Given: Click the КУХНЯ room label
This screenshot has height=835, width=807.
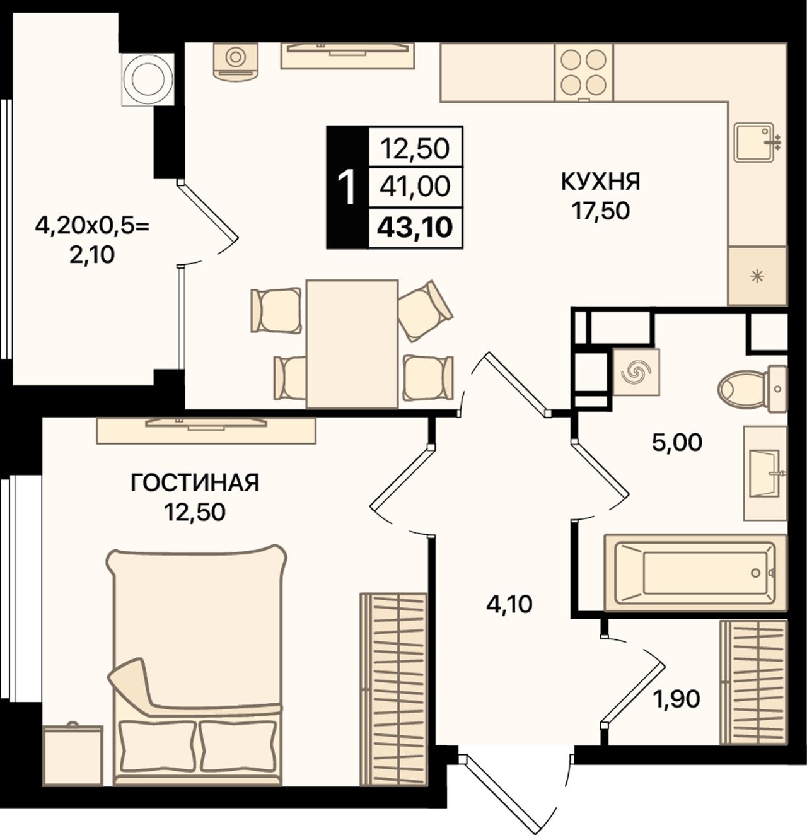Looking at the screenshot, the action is pyautogui.click(x=601, y=182).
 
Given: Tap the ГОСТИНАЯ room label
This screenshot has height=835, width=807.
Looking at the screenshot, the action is pyautogui.click(x=195, y=483).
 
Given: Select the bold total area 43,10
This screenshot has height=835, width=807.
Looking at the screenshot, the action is pyautogui.click(x=415, y=228).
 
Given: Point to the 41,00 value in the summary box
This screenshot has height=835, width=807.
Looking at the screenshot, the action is pyautogui.click(x=415, y=187).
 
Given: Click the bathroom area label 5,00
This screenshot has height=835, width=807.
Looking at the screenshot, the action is pyautogui.click(x=677, y=442).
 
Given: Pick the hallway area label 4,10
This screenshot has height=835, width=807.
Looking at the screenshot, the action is pyautogui.click(x=509, y=604).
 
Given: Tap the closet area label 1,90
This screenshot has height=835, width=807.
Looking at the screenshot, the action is pyautogui.click(x=676, y=699).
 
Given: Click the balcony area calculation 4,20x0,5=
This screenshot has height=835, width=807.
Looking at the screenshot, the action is pyautogui.click(x=92, y=226).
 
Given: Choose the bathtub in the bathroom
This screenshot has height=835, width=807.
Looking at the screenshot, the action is pyautogui.click(x=695, y=573).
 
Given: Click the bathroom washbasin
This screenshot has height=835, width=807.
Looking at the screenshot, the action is pyautogui.click(x=765, y=473).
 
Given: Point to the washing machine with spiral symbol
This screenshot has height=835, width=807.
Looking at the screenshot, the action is pyautogui.click(x=636, y=371).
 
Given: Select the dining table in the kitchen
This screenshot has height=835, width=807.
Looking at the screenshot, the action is pyautogui.click(x=352, y=344).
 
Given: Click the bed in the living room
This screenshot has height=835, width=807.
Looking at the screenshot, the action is pyautogui.click(x=197, y=665).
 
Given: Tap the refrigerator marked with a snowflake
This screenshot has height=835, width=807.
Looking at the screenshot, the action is pyautogui.click(x=757, y=276).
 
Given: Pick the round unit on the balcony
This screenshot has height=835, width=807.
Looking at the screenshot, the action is pyautogui.click(x=148, y=79).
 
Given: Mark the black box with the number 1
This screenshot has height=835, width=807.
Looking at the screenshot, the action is pyautogui.click(x=347, y=187).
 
